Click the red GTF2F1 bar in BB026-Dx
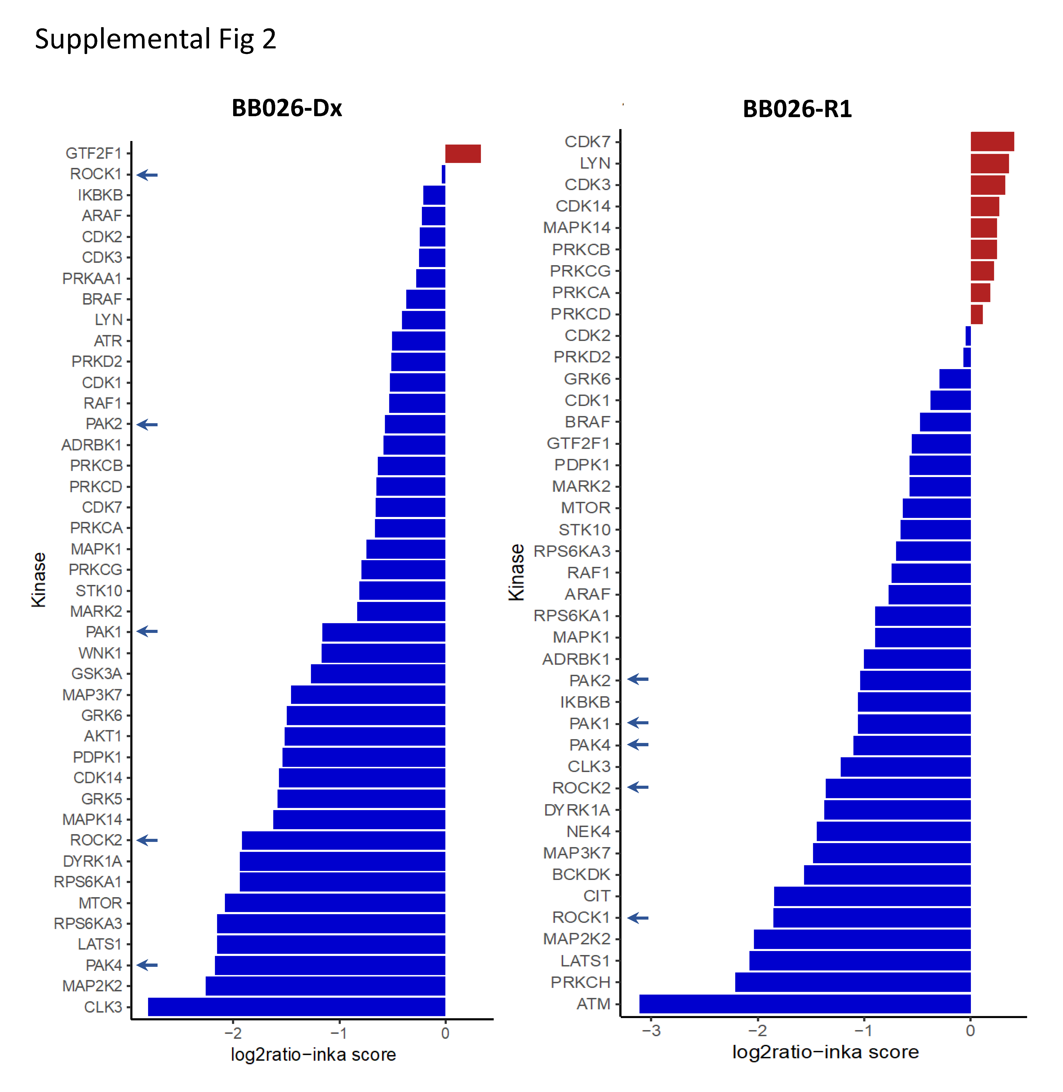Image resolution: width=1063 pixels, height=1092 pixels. tap(463, 154)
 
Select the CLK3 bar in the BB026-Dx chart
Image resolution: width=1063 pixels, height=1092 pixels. tap(296, 1007)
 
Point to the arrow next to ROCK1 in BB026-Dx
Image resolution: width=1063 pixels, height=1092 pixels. tap(147, 175)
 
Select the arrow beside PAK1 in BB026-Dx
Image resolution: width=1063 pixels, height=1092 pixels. tap(147, 631)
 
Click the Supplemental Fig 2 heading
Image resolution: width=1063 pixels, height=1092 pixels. tap(155, 39)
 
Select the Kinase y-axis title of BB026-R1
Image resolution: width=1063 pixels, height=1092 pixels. tap(516, 572)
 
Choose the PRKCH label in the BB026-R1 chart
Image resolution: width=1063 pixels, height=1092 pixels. tap(581, 982)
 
